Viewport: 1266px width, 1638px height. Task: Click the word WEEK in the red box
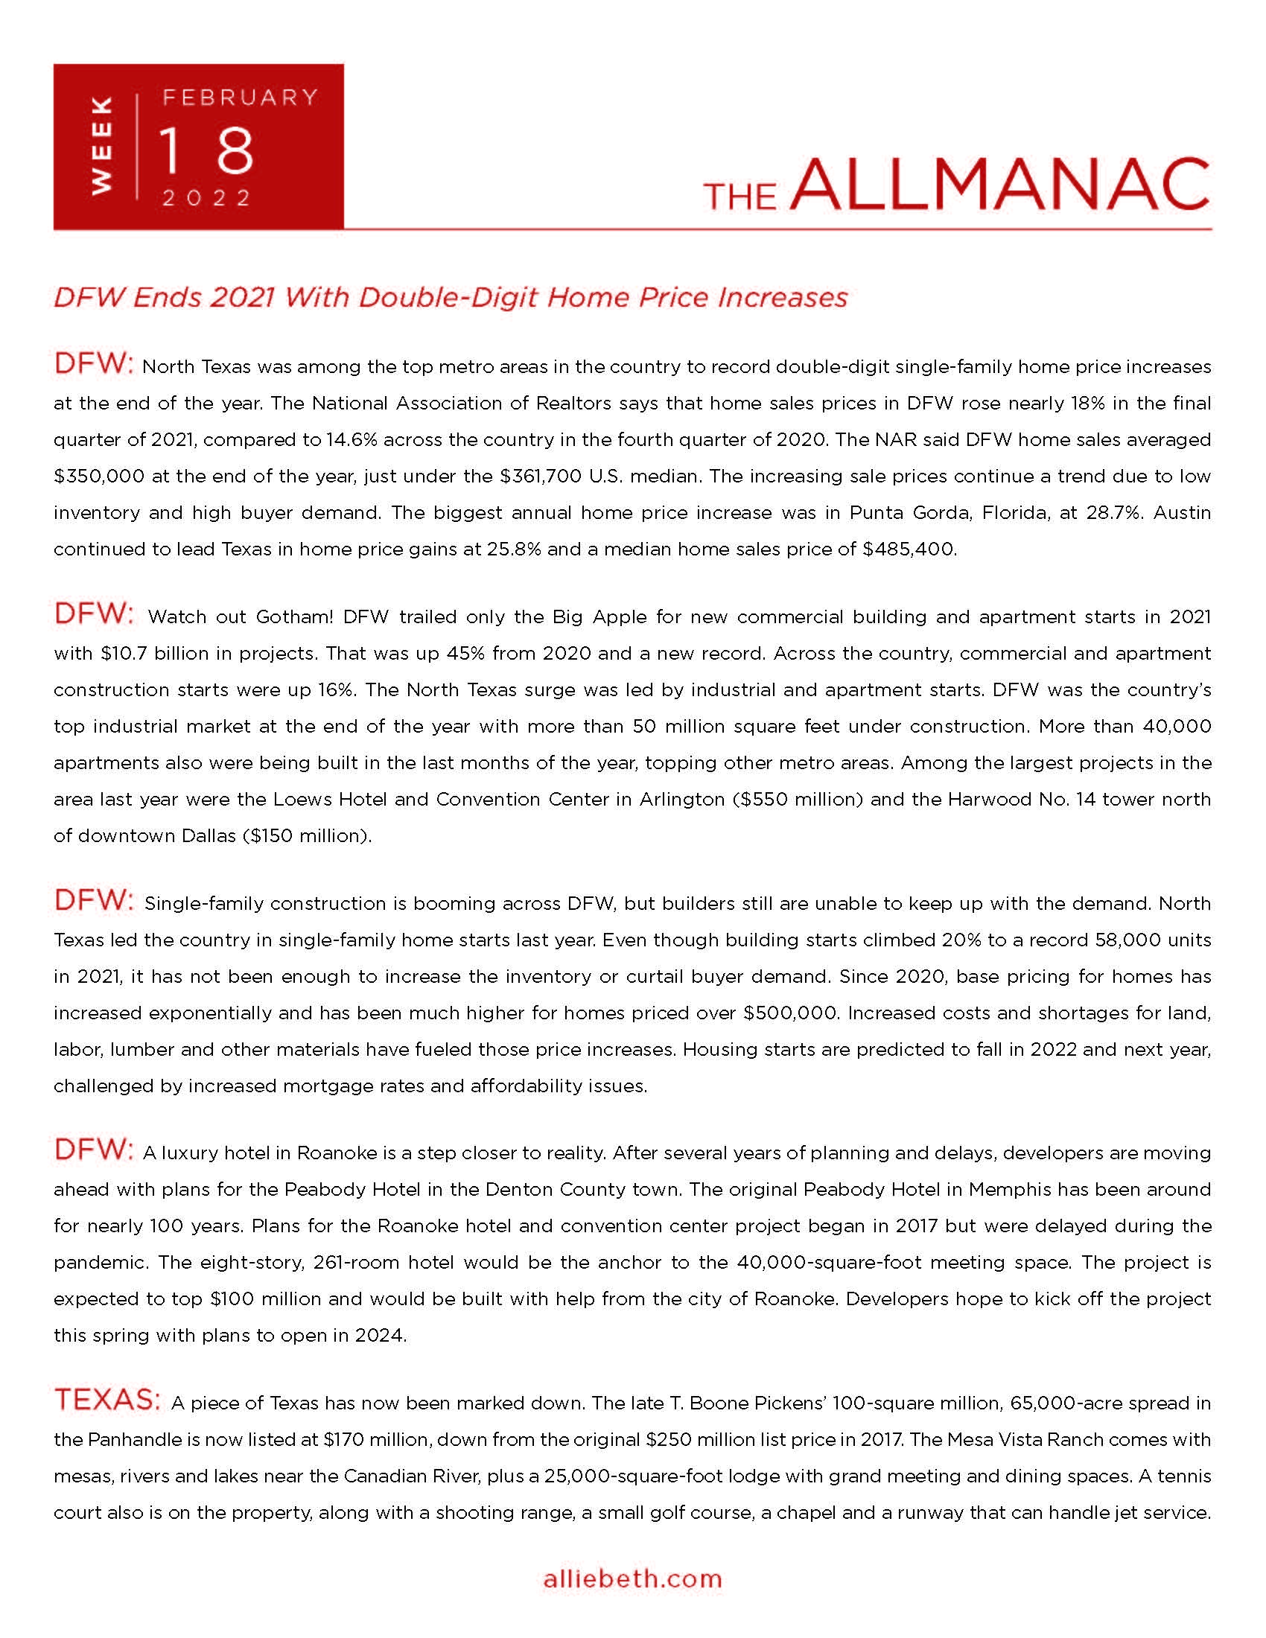coord(101,145)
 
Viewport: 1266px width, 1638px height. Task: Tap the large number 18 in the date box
coord(207,150)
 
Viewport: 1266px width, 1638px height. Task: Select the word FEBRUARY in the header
coord(241,98)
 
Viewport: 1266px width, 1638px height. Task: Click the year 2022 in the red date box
coord(207,198)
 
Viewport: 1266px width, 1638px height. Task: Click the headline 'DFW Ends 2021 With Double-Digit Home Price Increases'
coord(450,298)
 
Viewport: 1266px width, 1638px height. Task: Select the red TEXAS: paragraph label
coord(106,1400)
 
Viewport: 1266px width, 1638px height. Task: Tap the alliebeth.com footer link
coord(632,1578)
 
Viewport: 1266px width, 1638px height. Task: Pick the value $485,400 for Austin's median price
coord(909,549)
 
